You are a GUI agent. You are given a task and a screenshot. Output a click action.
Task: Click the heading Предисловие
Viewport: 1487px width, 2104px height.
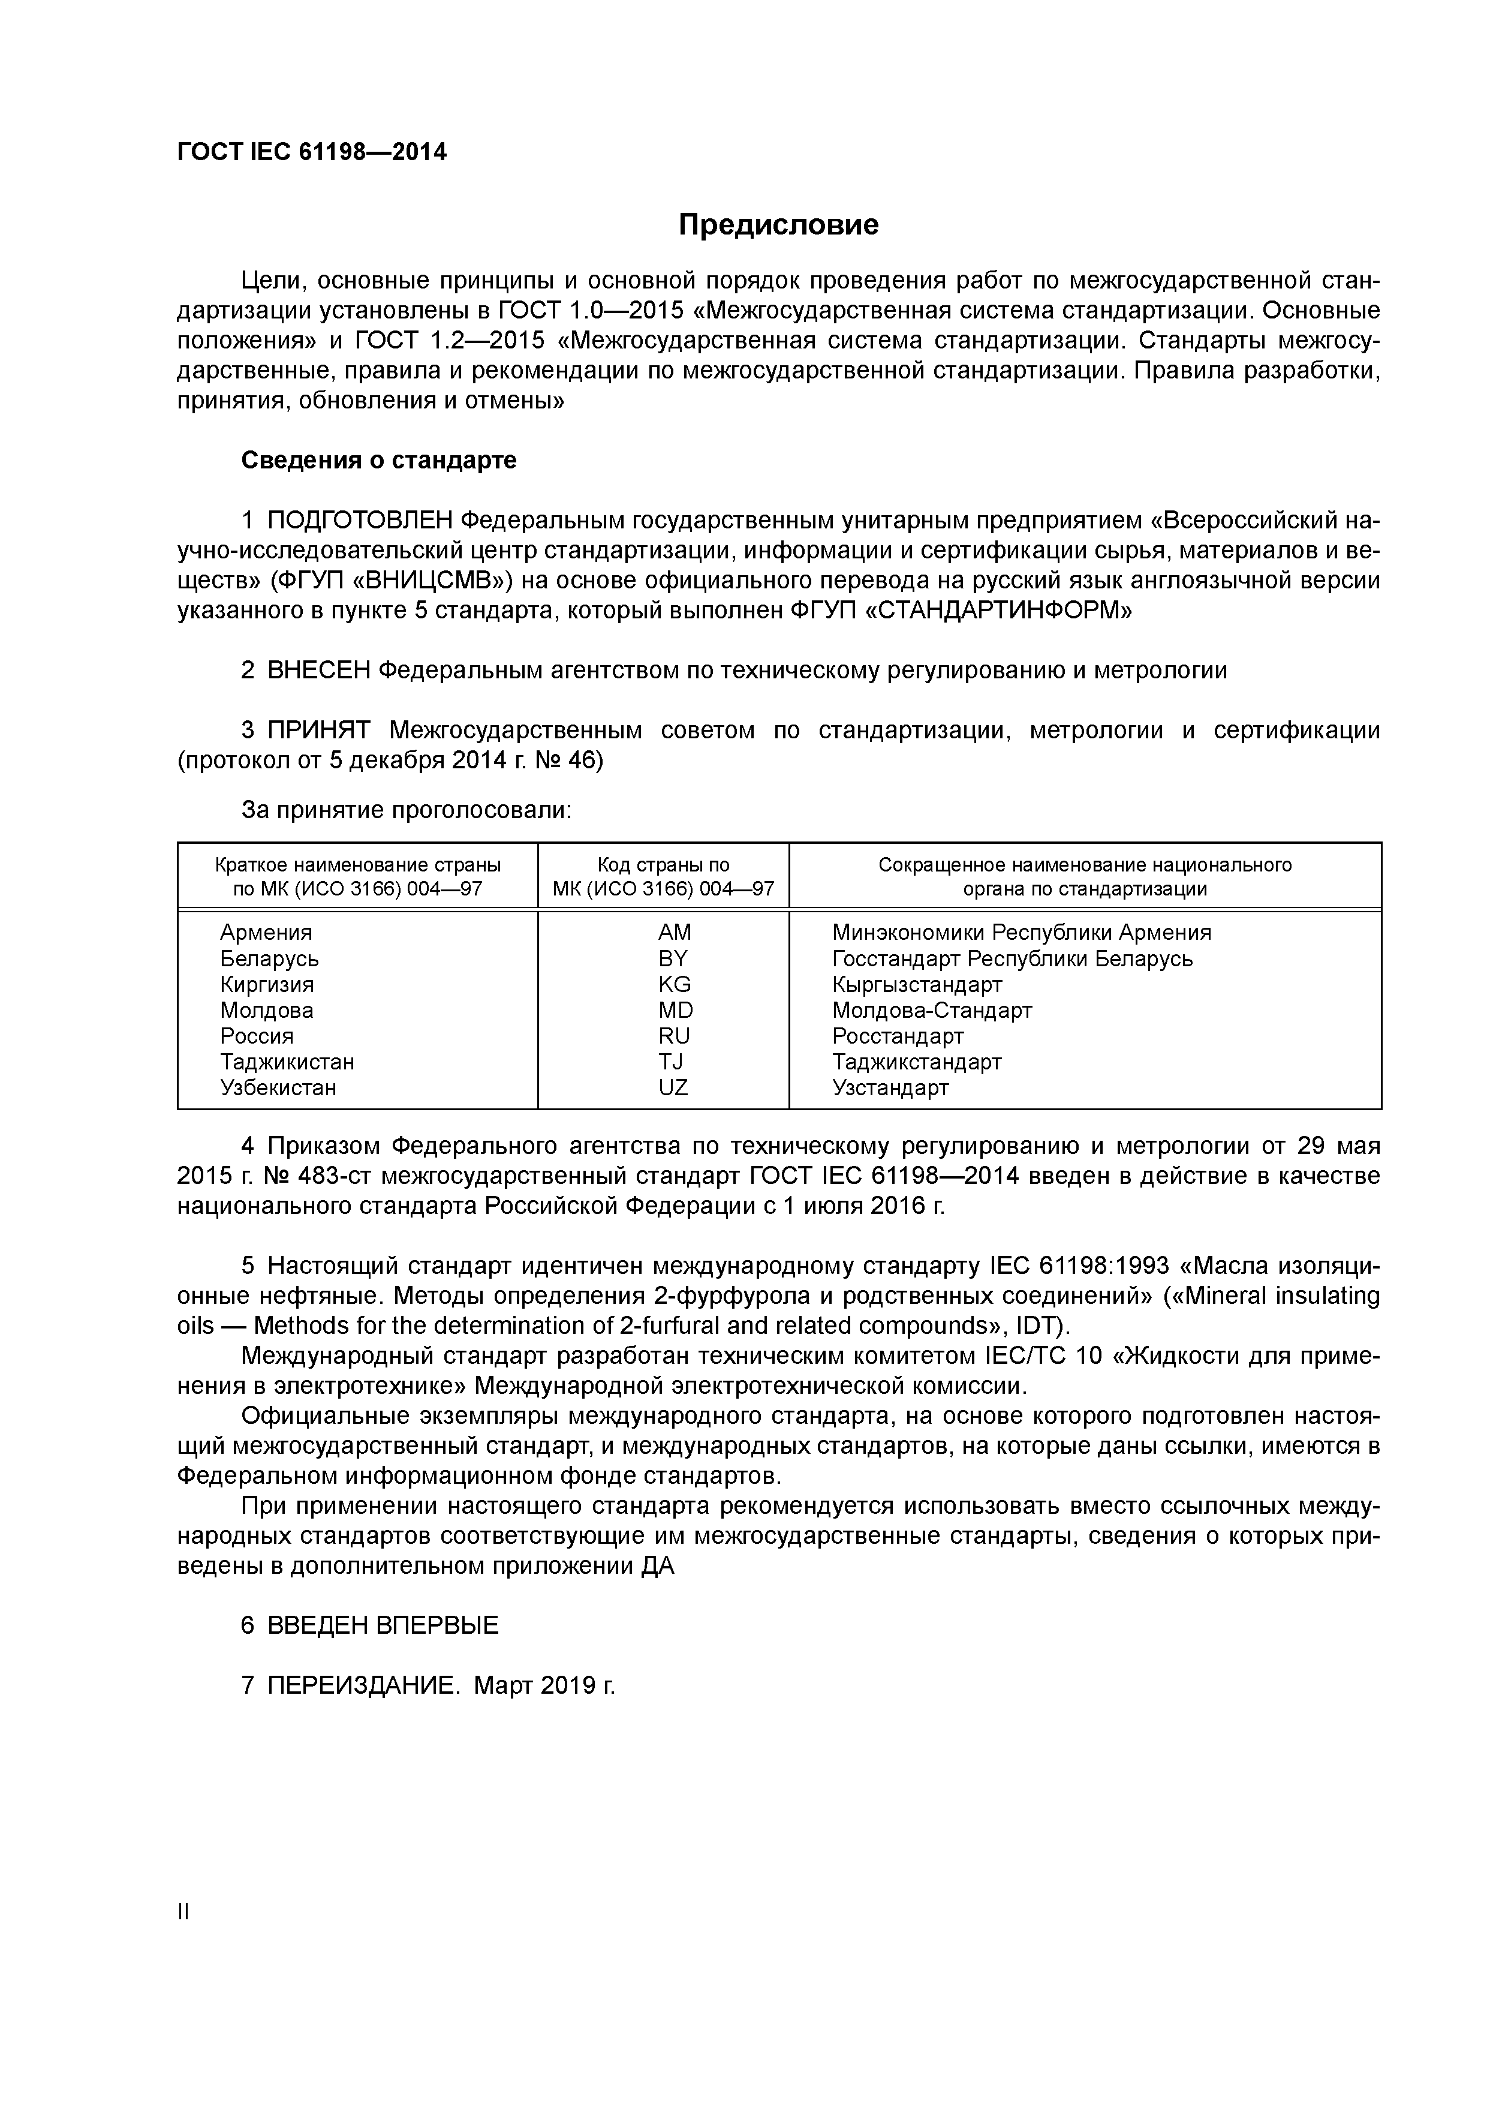(778, 224)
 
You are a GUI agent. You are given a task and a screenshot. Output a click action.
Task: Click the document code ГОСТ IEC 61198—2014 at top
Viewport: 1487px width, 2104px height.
(312, 152)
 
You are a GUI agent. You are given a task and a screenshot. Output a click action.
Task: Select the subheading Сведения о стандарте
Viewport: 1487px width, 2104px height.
(378, 460)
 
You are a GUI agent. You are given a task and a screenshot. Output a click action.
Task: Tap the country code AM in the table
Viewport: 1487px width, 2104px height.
(675, 932)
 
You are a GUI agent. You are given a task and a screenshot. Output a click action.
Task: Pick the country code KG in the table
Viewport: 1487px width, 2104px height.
(675, 984)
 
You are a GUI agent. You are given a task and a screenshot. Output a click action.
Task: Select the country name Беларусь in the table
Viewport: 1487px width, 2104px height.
(269, 958)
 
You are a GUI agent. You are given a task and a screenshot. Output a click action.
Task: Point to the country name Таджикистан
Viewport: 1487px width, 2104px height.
(287, 1062)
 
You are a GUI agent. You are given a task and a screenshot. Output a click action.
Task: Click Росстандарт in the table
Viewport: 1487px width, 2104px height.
(898, 1036)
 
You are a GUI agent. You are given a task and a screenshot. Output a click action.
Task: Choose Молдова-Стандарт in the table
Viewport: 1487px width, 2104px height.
(932, 1010)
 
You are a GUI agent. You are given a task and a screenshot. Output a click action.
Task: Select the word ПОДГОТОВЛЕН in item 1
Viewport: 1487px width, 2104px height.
(360, 521)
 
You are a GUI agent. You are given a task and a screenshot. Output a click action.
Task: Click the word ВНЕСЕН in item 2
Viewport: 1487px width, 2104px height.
(319, 670)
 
